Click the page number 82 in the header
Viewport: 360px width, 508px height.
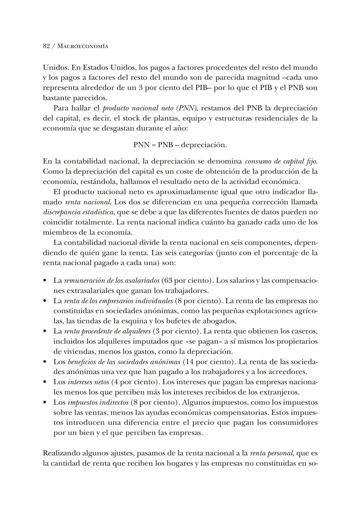pyautogui.click(x=46, y=46)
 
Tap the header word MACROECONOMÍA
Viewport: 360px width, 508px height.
pyautogui.click(x=83, y=46)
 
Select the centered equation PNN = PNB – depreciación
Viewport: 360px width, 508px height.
pyautogui.click(x=180, y=145)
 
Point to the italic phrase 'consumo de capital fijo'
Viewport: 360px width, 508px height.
pyautogui.click(x=281, y=161)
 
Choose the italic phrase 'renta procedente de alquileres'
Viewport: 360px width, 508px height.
pyautogui.click(x=107, y=331)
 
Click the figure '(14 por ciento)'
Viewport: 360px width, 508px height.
pyautogui.click(x=209, y=362)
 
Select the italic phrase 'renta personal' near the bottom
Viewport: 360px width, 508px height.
pyautogui.click(x=271, y=453)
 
